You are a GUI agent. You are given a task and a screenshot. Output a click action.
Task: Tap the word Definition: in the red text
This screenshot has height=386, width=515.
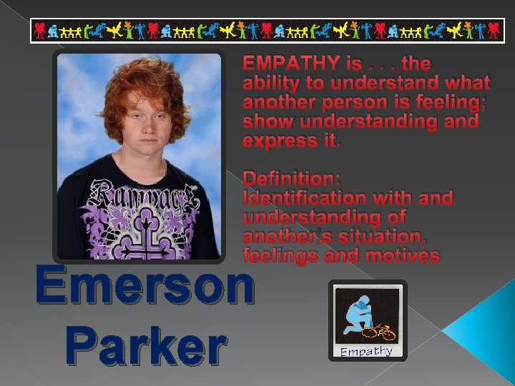[292, 178]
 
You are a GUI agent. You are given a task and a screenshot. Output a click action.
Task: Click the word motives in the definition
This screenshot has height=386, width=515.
[402, 255]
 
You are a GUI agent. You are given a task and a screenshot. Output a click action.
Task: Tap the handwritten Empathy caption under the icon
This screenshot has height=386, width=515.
[366, 351]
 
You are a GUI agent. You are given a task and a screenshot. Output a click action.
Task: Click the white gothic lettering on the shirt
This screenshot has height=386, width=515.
[139, 194]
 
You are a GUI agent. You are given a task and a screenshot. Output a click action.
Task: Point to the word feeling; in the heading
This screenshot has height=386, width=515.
[445, 102]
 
